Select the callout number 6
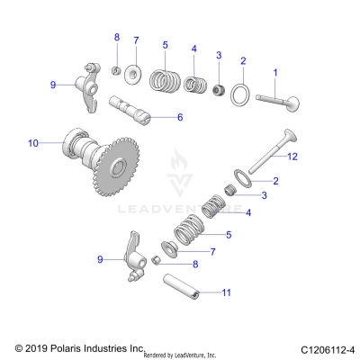(x=179, y=117)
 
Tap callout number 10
(x=33, y=143)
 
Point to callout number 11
(x=227, y=292)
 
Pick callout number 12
(x=291, y=157)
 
